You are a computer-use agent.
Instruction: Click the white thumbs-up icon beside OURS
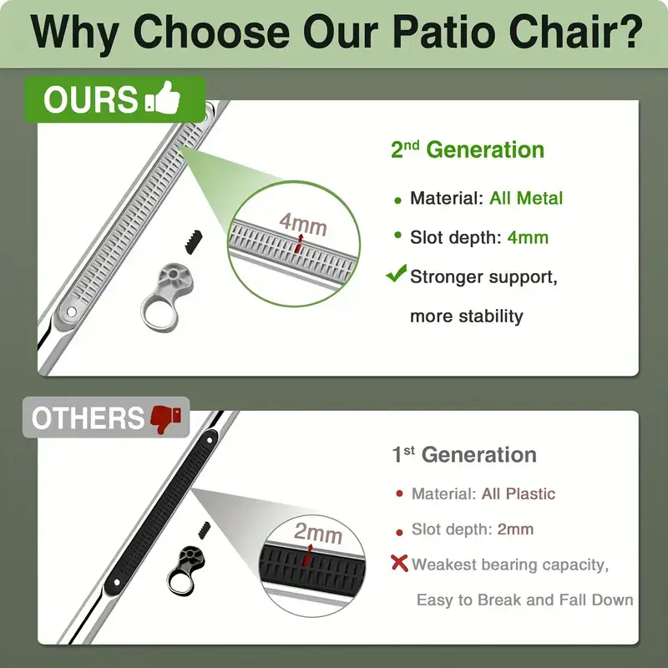pos(163,98)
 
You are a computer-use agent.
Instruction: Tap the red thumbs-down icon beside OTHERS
pos(166,419)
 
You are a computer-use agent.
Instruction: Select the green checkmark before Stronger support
pos(396,273)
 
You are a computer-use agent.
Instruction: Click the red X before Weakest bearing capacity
pos(399,563)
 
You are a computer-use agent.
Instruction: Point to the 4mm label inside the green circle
pos(303,224)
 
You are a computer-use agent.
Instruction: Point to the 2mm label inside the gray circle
pos(318,533)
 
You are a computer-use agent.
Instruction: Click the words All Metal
pos(526,198)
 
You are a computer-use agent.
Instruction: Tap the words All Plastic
pos(519,493)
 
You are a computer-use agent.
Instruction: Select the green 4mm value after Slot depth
pos(528,237)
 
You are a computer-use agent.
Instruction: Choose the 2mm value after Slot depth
pos(515,529)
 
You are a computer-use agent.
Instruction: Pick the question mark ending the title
pos(631,32)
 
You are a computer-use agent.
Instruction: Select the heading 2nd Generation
pos(468,149)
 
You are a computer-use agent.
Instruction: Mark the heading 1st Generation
pos(464,454)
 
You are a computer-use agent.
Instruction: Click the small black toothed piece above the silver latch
pos(194,242)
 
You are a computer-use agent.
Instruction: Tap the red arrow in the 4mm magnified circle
pos(300,243)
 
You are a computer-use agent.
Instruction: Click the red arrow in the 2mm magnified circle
pos(307,554)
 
